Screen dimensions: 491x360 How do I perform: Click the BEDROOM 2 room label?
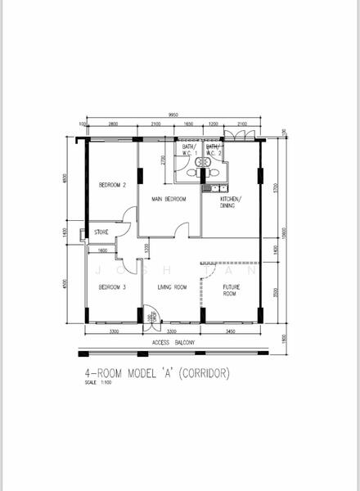tap(112, 185)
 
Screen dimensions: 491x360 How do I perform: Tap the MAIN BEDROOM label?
tap(169, 199)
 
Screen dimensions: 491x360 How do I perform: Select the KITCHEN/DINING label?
tap(230, 203)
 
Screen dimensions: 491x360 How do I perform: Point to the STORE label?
tap(101, 232)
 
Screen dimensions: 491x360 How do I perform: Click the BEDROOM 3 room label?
tap(112, 287)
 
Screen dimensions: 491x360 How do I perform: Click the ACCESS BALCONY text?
tap(173, 343)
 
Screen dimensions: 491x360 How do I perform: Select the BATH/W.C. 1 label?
tap(189, 150)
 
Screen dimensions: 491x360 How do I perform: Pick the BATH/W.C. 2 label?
tap(212, 150)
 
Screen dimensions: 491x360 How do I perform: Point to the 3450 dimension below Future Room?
tap(231, 332)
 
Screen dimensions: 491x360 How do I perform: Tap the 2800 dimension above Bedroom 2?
tap(113, 124)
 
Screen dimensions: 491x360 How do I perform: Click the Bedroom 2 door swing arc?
tap(127, 215)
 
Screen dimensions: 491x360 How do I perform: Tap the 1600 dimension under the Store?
tap(101, 250)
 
